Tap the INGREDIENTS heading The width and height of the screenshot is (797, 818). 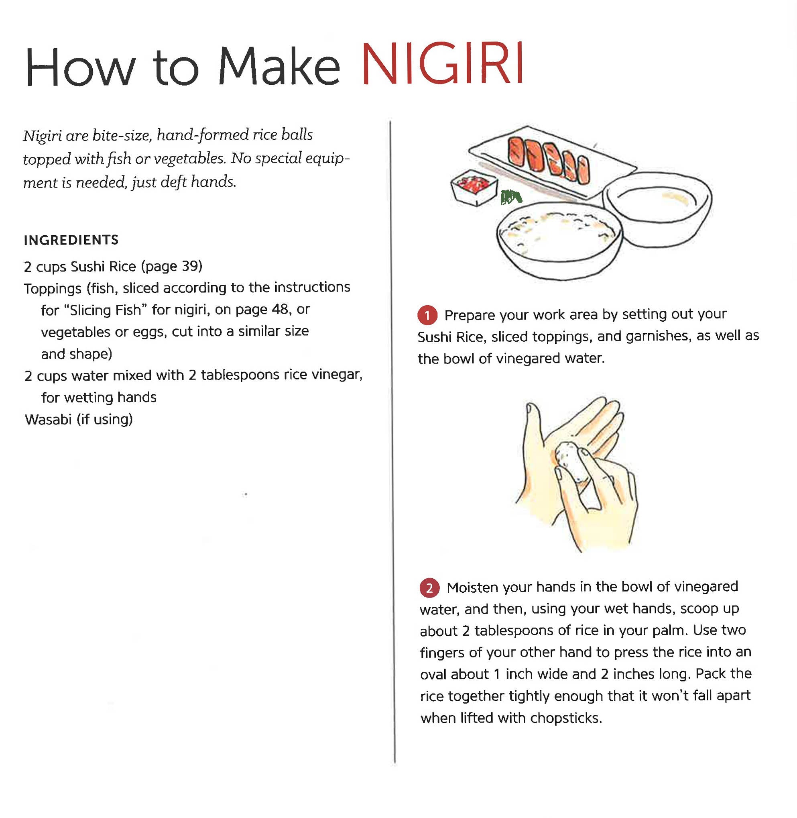pyautogui.click(x=71, y=240)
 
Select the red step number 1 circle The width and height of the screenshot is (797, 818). pyautogui.click(x=427, y=315)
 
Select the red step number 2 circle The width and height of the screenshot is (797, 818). pyautogui.click(x=429, y=588)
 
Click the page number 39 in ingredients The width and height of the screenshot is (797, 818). pyautogui.click(x=191, y=266)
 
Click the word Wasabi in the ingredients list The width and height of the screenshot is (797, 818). pyautogui.click(x=48, y=419)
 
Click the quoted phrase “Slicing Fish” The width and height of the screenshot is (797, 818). pyautogui.click(x=105, y=310)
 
